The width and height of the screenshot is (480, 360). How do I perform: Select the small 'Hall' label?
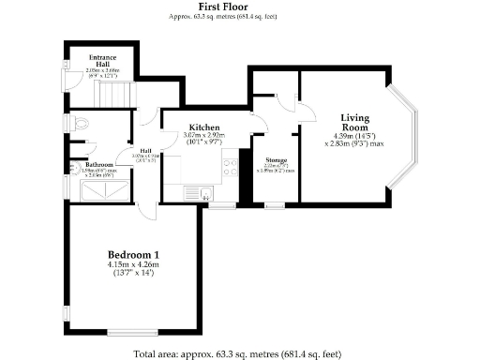pos(146,151)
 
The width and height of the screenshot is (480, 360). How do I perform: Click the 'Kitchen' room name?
pos(204,127)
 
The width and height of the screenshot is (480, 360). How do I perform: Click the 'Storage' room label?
pos(276,160)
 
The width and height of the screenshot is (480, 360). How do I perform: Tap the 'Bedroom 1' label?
pos(133,255)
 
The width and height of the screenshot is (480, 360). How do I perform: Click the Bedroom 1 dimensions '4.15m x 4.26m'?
pos(133,265)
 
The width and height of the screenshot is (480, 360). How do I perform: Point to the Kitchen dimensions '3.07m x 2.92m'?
pos(204,138)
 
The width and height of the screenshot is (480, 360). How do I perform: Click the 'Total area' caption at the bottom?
pos(239,353)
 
